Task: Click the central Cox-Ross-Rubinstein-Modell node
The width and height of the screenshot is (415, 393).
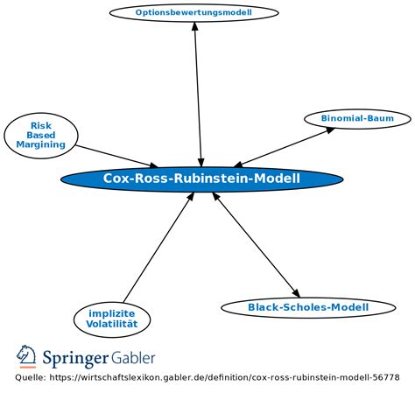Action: point(201,179)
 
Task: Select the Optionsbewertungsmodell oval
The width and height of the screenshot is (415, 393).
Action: point(193,12)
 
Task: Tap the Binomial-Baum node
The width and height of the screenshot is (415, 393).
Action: point(357,118)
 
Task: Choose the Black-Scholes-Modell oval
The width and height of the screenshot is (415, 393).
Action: point(307,307)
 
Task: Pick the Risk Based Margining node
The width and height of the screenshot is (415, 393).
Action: point(41,134)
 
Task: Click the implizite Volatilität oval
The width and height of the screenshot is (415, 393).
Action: point(112,319)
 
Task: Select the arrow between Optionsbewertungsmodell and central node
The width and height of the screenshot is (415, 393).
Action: point(198,92)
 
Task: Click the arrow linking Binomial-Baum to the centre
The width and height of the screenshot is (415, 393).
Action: point(285,146)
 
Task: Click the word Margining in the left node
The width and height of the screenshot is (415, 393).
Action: point(41,144)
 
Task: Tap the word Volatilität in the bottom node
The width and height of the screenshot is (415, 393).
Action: point(112,324)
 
